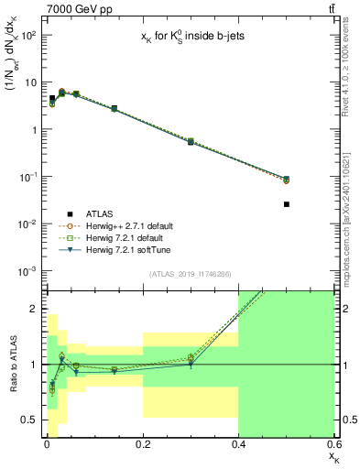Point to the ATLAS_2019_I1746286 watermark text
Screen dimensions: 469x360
pyautogui.click(x=190, y=274)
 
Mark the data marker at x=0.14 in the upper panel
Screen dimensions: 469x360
pyautogui.click(x=114, y=108)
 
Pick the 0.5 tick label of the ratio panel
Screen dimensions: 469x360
pyautogui.click(x=30, y=420)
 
